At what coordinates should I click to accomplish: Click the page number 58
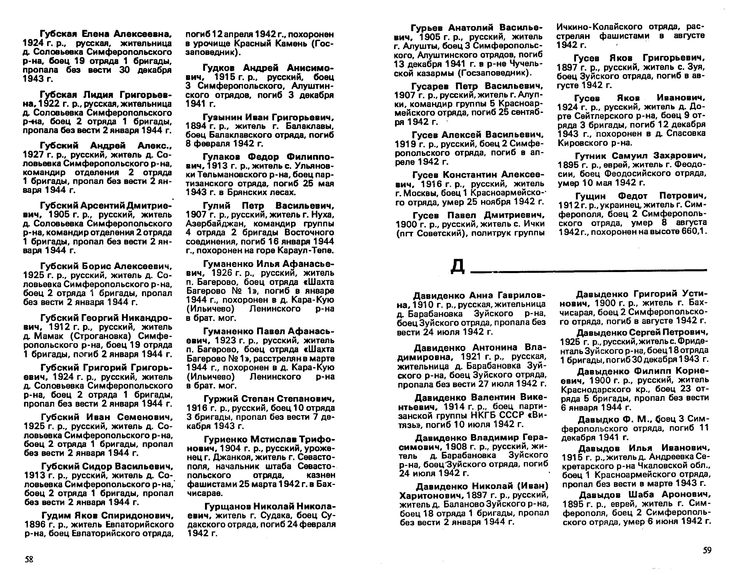pos(29,559)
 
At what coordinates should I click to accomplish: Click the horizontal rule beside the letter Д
pos(588,271)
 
